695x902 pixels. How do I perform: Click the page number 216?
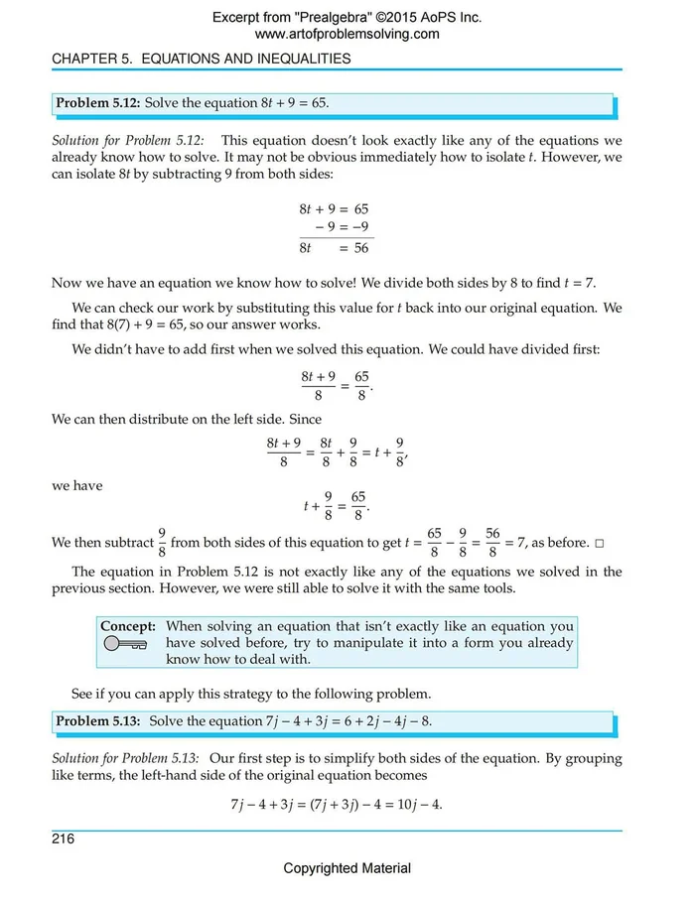pyautogui.click(x=64, y=839)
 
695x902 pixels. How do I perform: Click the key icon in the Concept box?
pyautogui.click(x=124, y=645)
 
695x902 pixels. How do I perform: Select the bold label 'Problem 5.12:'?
pyautogui.click(x=97, y=103)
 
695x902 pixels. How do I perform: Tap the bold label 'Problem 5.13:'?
pyautogui.click(x=97, y=720)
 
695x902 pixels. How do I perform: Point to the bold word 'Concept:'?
pyautogui.click(x=128, y=626)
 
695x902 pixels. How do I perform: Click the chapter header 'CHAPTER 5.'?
pyautogui.click(x=93, y=59)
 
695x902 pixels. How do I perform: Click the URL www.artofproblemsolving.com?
pyautogui.click(x=347, y=34)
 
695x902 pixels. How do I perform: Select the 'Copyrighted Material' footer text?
pyautogui.click(x=347, y=868)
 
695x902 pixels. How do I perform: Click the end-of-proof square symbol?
pyautogui.click(x=598, y=544)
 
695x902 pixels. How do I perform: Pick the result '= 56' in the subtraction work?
pyautogui.click(x=353, y=248)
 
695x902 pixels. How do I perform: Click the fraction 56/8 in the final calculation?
pyautogui.click(x=492, y=543)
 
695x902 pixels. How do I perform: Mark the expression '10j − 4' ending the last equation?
pyautogui.click(x=419, y=804)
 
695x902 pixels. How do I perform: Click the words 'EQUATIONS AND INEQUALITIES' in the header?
pyautogui.click(x=246, y=59)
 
